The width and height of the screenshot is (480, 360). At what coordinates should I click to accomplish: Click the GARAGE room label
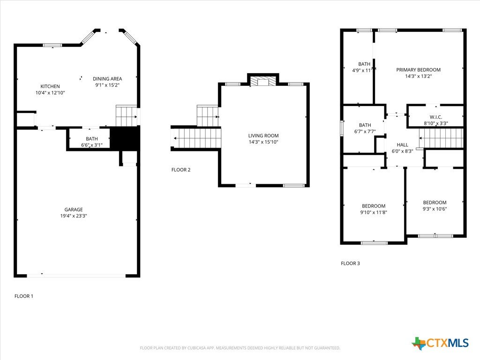74,210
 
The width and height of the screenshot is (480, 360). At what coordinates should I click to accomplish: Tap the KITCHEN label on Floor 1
50,86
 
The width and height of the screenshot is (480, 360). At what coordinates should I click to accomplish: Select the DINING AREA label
107,79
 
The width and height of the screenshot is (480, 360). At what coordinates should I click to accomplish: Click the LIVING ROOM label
263,135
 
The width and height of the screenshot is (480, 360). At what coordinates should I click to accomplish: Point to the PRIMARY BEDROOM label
419,70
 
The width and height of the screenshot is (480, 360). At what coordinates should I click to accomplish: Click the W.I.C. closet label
435,117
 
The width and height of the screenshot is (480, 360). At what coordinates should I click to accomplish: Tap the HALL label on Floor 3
402,145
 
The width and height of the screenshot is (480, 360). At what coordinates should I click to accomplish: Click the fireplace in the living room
263,81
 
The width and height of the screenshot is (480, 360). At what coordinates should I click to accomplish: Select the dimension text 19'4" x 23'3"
74,216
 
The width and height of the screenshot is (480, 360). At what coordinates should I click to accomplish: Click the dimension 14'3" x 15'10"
263,142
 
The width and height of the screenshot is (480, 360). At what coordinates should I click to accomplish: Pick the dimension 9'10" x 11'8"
374,212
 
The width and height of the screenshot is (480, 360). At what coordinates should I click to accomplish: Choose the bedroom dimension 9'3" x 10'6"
435,209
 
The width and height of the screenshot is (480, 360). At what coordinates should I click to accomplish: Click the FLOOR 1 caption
24,296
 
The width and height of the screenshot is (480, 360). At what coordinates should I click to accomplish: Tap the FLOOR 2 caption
181,170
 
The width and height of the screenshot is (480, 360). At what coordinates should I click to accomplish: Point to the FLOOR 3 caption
351,263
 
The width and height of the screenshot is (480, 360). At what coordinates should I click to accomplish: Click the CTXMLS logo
440,343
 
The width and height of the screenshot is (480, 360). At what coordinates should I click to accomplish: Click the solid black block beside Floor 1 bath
125,138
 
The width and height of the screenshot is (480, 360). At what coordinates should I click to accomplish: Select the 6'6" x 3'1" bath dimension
91,145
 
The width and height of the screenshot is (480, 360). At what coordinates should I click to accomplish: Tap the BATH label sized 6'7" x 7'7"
365,125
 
